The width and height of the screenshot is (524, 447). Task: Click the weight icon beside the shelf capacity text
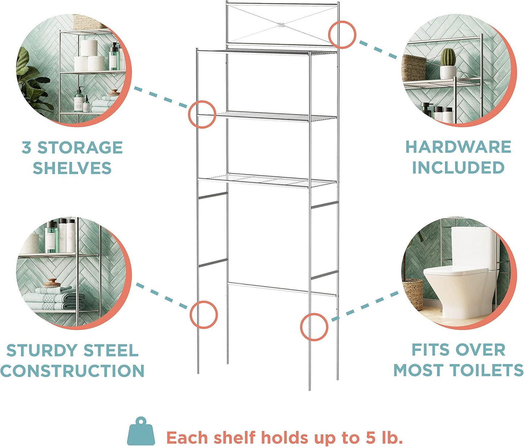pyautogui.click(x=141, y=432)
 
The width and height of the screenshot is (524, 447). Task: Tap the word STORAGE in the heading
pyautogui.click(x=80, y=148)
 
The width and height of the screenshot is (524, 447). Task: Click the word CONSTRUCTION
pyautogui.click(x=73, y=371)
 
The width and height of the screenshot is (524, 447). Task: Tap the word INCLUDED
pyautogui.click(x=458, y=167)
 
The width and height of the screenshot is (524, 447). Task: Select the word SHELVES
pyautogui.click(x=72, y=168)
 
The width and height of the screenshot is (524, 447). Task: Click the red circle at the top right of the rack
pyautogui.click(x=342, y=34)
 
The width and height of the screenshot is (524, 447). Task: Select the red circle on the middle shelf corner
pyautogui.click(x=202, y=114)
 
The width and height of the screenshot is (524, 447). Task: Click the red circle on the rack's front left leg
pyautogui.click(x=203, y=315)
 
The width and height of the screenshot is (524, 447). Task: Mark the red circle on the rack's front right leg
pyautogui.click(x=314, y=327)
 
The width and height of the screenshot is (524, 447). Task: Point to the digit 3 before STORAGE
pyautogui.click(x=26, y=148)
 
